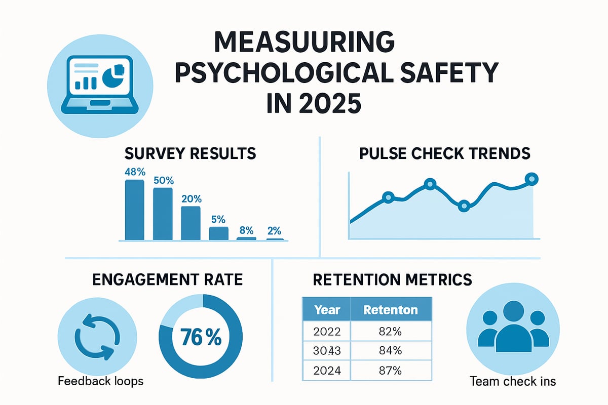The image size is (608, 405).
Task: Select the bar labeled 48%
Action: (134, 209)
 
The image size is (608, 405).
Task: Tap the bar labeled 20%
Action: (191, 222)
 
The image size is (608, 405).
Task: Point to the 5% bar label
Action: (218, 220)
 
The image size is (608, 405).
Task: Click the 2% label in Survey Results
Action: (274, 231)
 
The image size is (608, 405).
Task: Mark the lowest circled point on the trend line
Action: (464, 206)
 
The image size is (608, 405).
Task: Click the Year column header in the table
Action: (326, 310)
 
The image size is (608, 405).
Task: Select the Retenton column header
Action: (391, 310)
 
